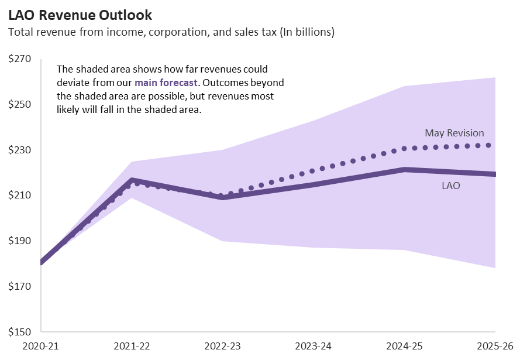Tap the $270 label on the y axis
(x=20, y=59)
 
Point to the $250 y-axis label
(x=20, y=105)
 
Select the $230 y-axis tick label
(x=20, y=150)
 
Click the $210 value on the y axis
(x=20, y=196)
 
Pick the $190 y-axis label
(x=20, y=241)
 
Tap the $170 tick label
(x=20, y=286)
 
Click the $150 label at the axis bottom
(x=20, y=331)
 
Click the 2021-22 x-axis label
(x=132, y=346)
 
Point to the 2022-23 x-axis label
(x=222, y=346)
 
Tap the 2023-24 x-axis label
(x=314, y=346)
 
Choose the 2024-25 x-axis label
(x=404, y=346)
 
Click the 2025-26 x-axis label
(x=495, y=346)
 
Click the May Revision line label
(x=454, y=133)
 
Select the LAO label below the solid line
(x=450, y=186)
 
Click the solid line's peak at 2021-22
(x=132, y=180)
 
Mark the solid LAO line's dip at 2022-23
(x=223, y=197)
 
